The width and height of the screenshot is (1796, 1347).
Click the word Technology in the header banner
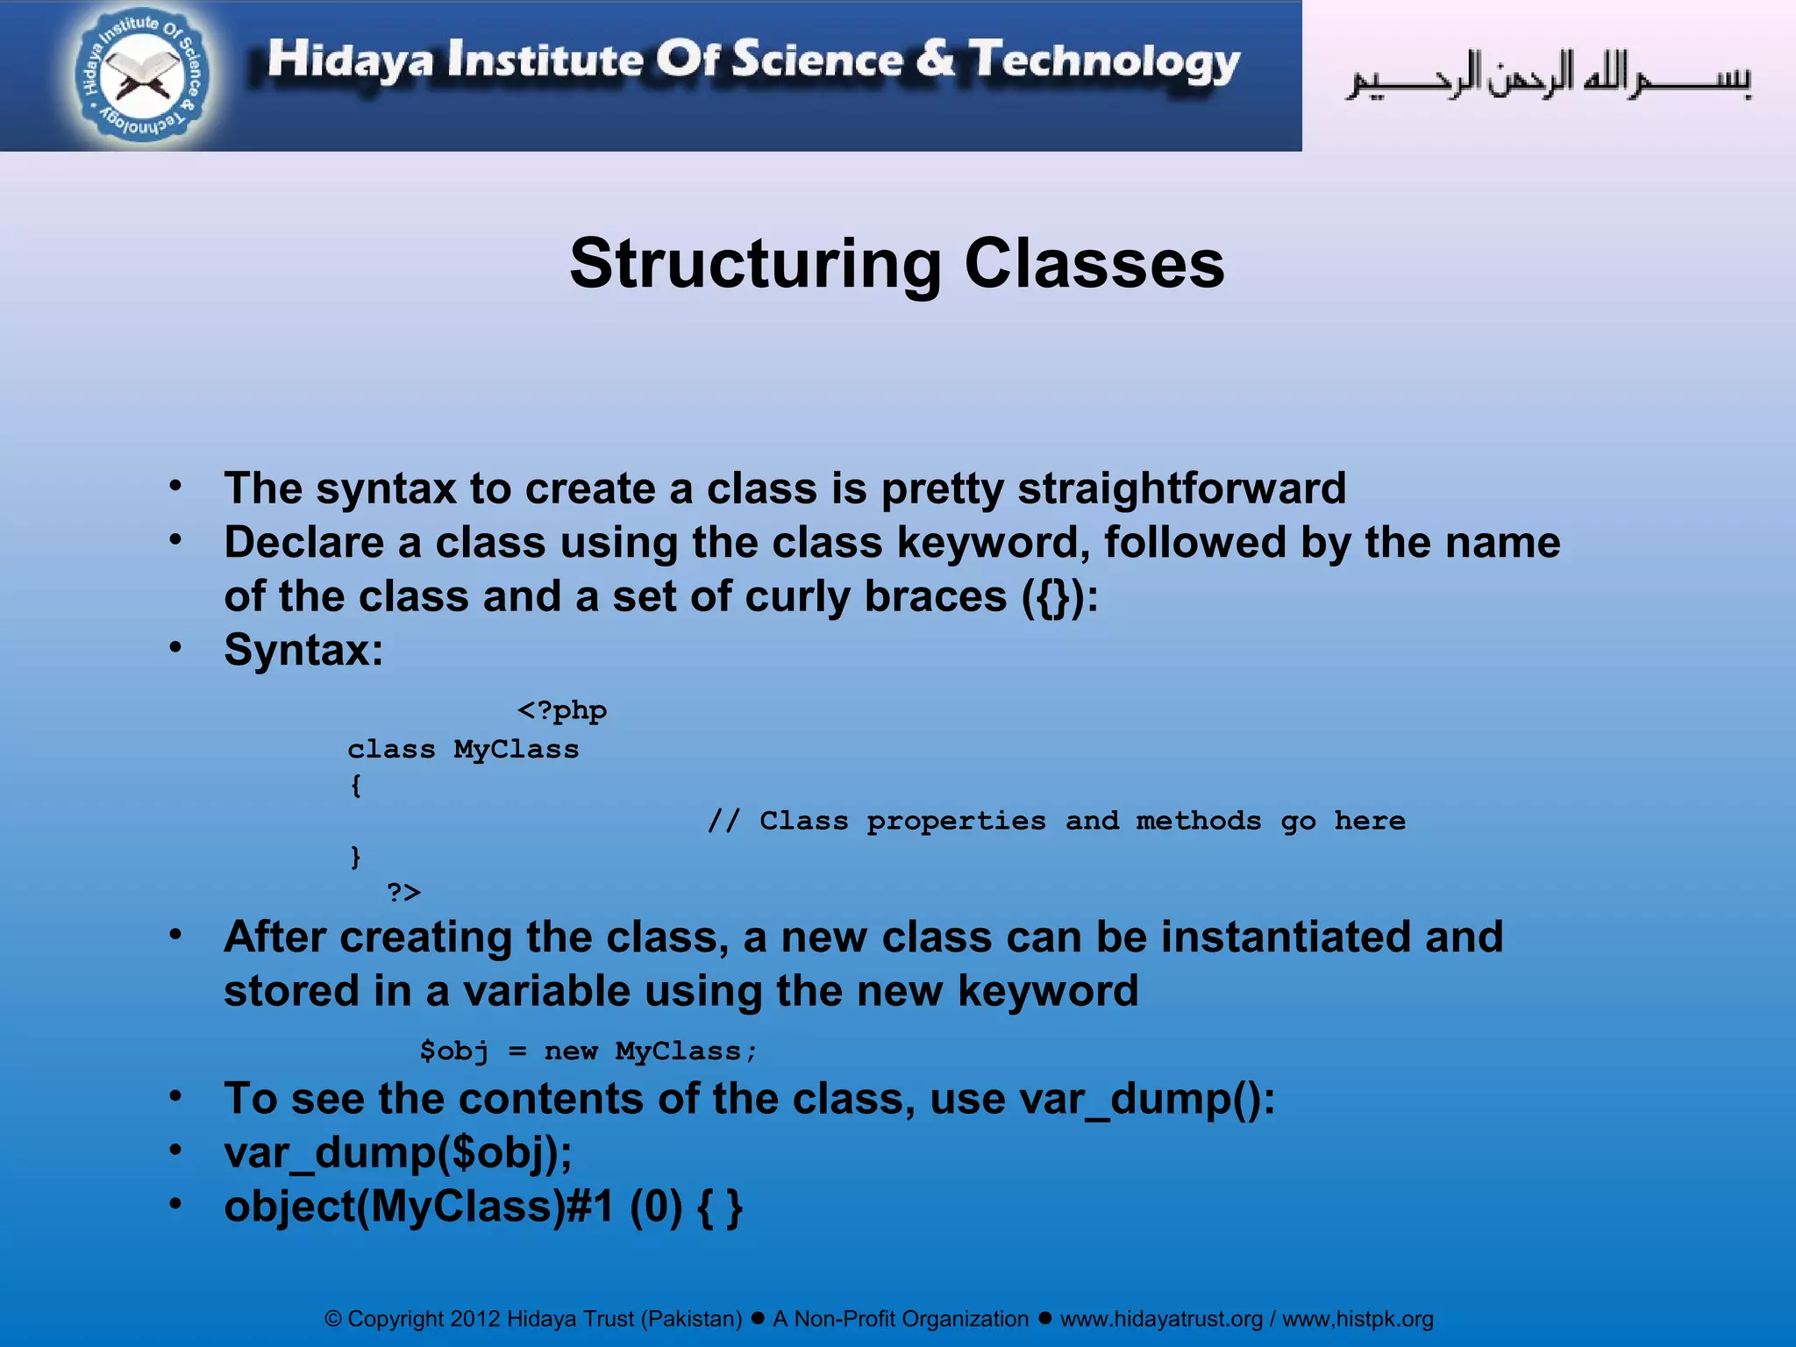click(x=1104, y=61)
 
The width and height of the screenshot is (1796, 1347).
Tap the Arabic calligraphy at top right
click(x=1549, y=76)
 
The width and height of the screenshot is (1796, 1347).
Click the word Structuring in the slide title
click(x=754, y=264)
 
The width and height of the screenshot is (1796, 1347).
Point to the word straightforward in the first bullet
click(x=1181, y=488)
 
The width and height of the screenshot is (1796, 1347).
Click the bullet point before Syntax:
click(x=176, y=647)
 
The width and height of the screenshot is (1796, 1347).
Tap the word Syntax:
click(x=303, y=651)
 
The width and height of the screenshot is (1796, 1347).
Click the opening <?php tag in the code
click(x=562, y=709)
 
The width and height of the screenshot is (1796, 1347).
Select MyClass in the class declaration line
click(x=516, y=749)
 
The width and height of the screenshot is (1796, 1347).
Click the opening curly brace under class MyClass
click(x=355, y=785)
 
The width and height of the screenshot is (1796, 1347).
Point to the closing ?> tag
click(x=403, y=892)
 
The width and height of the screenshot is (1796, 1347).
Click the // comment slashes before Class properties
click(x=723, y=821)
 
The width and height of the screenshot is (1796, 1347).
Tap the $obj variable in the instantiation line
click(x=453, y=1051)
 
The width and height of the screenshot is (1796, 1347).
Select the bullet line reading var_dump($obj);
click(x=397, y=1152)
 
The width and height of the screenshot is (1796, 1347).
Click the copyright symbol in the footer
click(x=333, y=1319)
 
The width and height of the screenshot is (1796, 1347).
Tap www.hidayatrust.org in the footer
click(x=1161, y=1319)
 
